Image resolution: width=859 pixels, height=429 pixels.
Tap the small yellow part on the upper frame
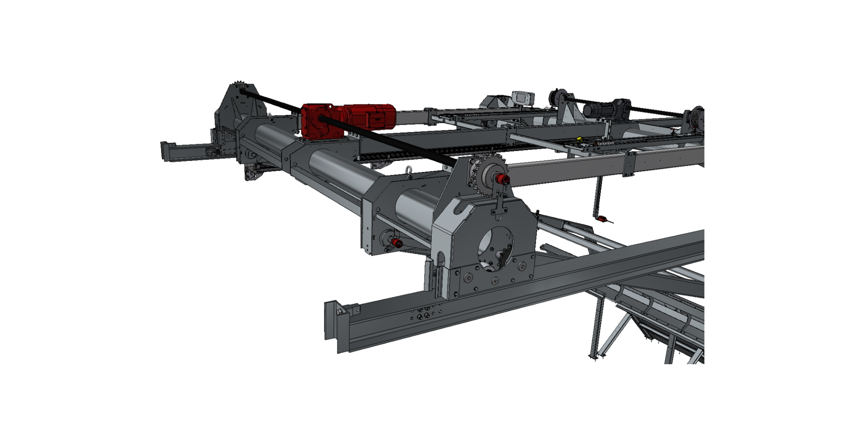pyautogui.click(x=579, y=139)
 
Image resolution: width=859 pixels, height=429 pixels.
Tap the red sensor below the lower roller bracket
pyautogui.click(x=396, y=243)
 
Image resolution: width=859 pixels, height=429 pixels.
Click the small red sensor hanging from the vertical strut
pyautogui.click(x=602, y=219)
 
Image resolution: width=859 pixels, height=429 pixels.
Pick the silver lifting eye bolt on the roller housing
pyautogui.click(x=409, y=169)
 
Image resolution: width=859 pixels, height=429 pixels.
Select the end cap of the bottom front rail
pyautogui.click(x=333, y=320)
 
